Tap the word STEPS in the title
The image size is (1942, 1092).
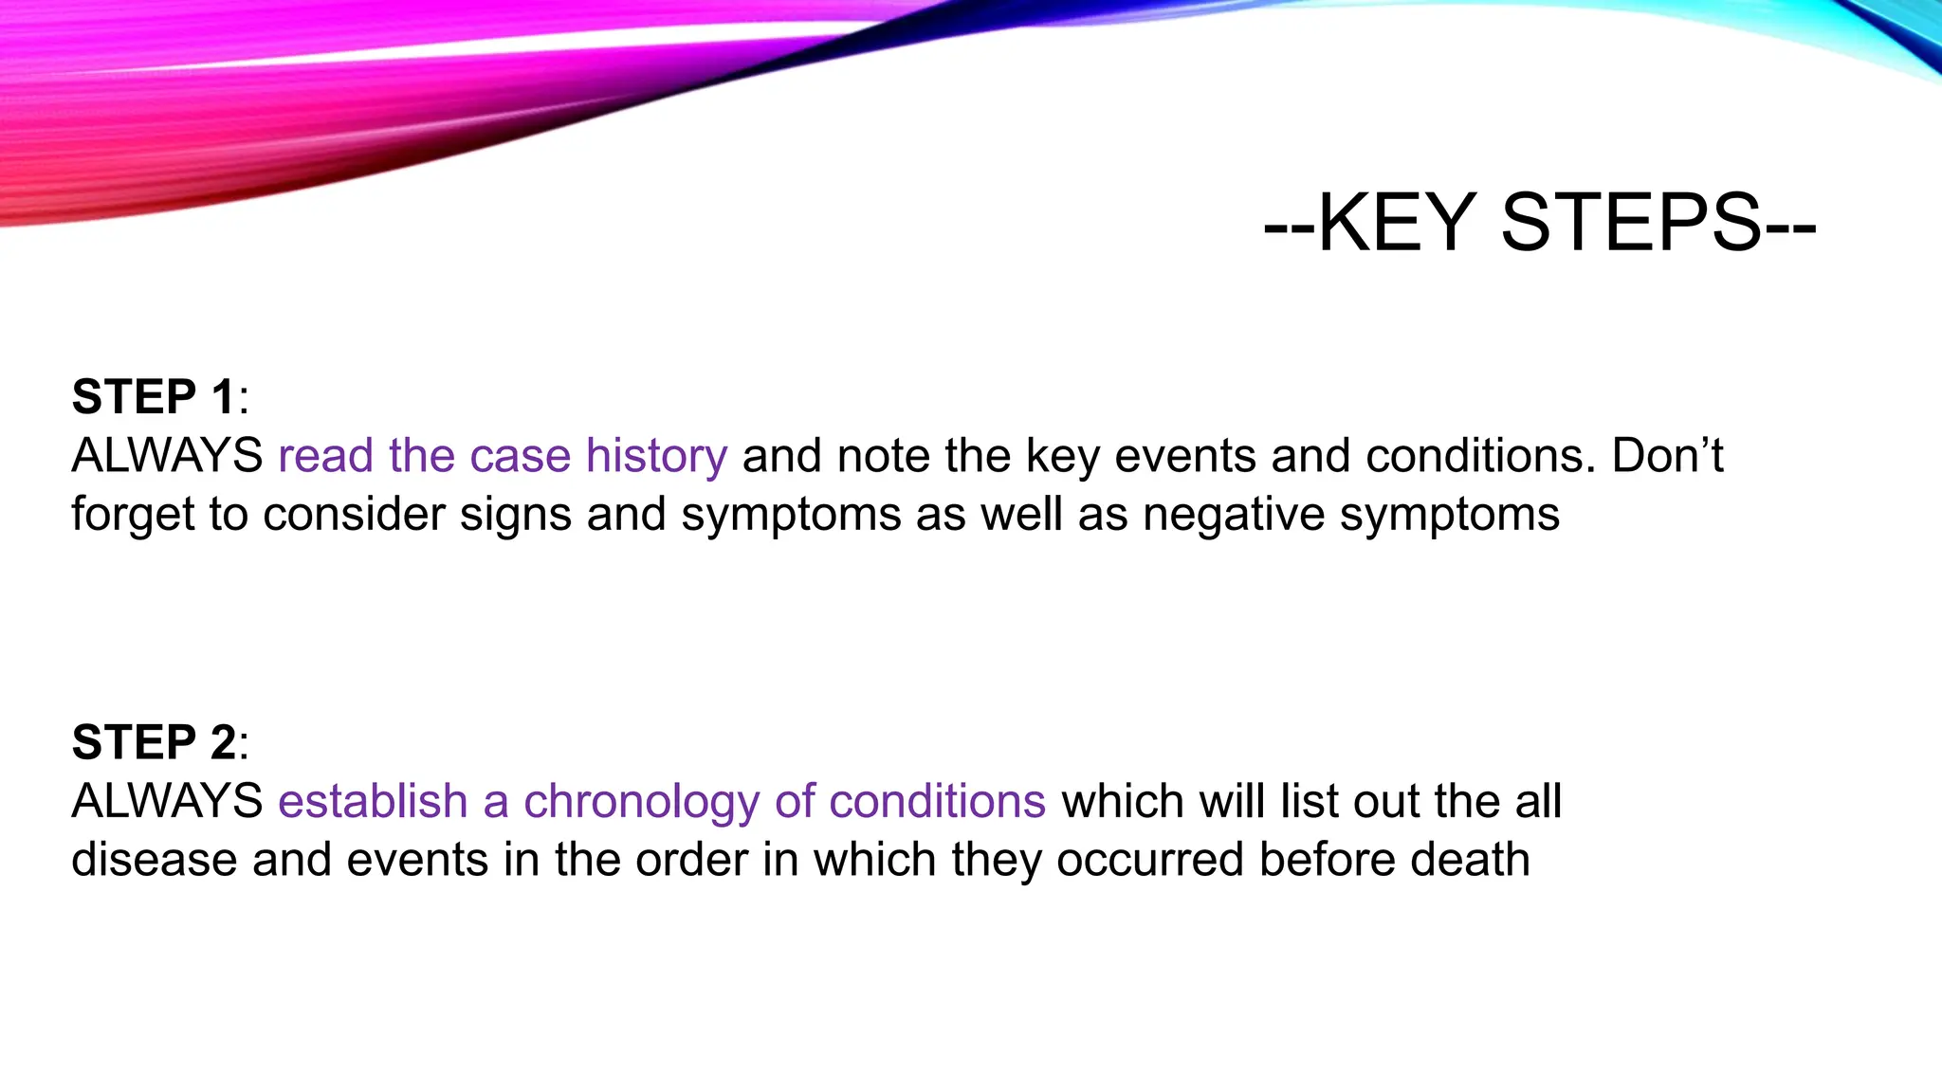pos(1631,224)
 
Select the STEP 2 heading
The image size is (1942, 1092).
pos(154,742)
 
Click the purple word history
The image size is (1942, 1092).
pos(656,456)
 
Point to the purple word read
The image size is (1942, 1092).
pos(325,456)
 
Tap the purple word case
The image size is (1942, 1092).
pos(520,456)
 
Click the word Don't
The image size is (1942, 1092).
pos(1667,456)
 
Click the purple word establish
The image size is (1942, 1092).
pos(373,802)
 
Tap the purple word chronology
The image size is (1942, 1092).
pos(641,802)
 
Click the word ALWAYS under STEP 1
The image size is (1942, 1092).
pos(167,456)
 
